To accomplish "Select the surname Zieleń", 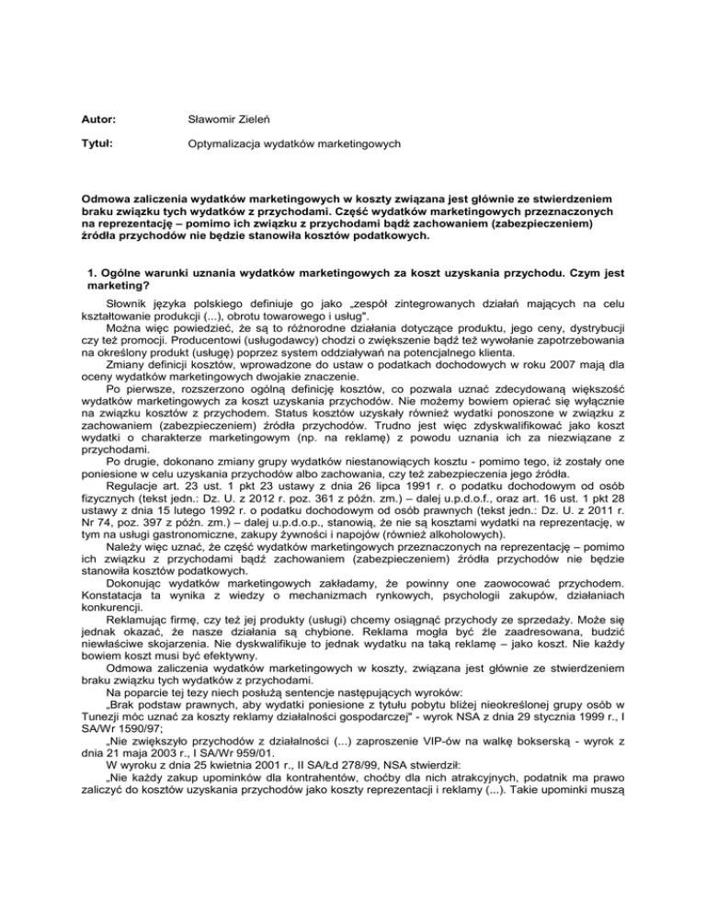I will point(265,119).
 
